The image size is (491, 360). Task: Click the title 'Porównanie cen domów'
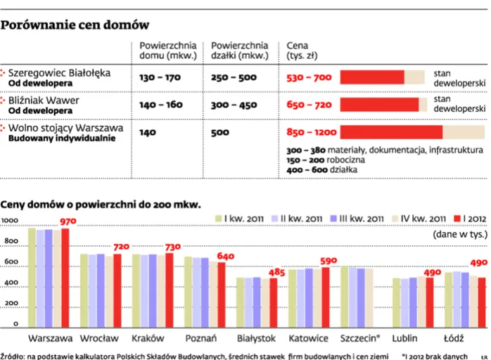click(x=75, y=25)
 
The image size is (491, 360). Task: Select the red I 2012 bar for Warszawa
click(x=65, y=278)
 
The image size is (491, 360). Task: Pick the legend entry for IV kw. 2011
click(x=423, y=217)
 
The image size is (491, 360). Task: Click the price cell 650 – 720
click(x=309, y=105)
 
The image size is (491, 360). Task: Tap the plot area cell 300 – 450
click(x=234, y=105)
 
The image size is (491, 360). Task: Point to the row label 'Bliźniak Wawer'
click(x=44, y=101)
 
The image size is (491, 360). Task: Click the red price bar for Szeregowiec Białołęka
click(x=372, y=77)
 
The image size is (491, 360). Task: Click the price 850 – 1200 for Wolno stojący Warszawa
click(x=312, y=132)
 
